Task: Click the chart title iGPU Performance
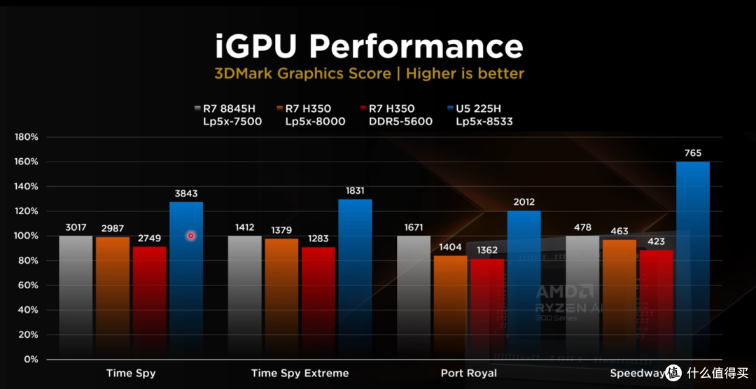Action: (369, 47)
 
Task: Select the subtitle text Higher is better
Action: (465, 73)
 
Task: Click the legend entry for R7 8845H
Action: (228, 115)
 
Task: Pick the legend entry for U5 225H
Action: (479, 115)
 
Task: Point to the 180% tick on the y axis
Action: (27, 137)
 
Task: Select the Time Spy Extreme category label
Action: (300, 373)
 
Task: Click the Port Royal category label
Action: (468, 373)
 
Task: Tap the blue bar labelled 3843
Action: (186, 281)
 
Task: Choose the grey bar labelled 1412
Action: (244, 297)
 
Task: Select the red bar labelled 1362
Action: (487, 309)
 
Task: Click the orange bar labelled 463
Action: (619, 299)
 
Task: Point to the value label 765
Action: (693, 153)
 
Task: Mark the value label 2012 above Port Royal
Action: (524, 202)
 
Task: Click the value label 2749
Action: (150, 239)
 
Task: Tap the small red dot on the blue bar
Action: (191, 236)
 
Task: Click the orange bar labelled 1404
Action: (450, 308)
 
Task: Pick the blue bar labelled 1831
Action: (355, 279)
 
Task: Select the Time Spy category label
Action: (131, 373)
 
